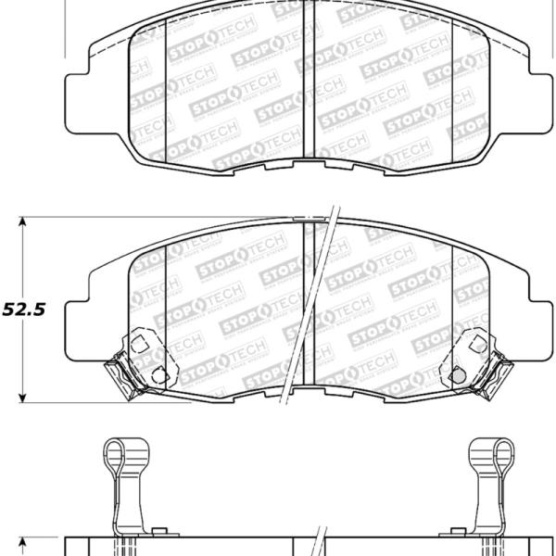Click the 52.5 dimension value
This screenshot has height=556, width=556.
pyautogui.click(x=25, y=310)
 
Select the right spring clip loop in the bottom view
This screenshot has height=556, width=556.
pyautogui.click(x=489, y=455)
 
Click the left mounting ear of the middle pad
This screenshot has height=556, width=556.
pyautogui.click(x=79, y=315)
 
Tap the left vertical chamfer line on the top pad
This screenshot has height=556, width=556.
pyautogui.click(x=166, y=93)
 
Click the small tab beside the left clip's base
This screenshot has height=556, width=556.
pyautogui.click(x=158, y=531)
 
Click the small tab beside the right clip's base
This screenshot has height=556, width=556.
pyautogui.click(x=445, y=531)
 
